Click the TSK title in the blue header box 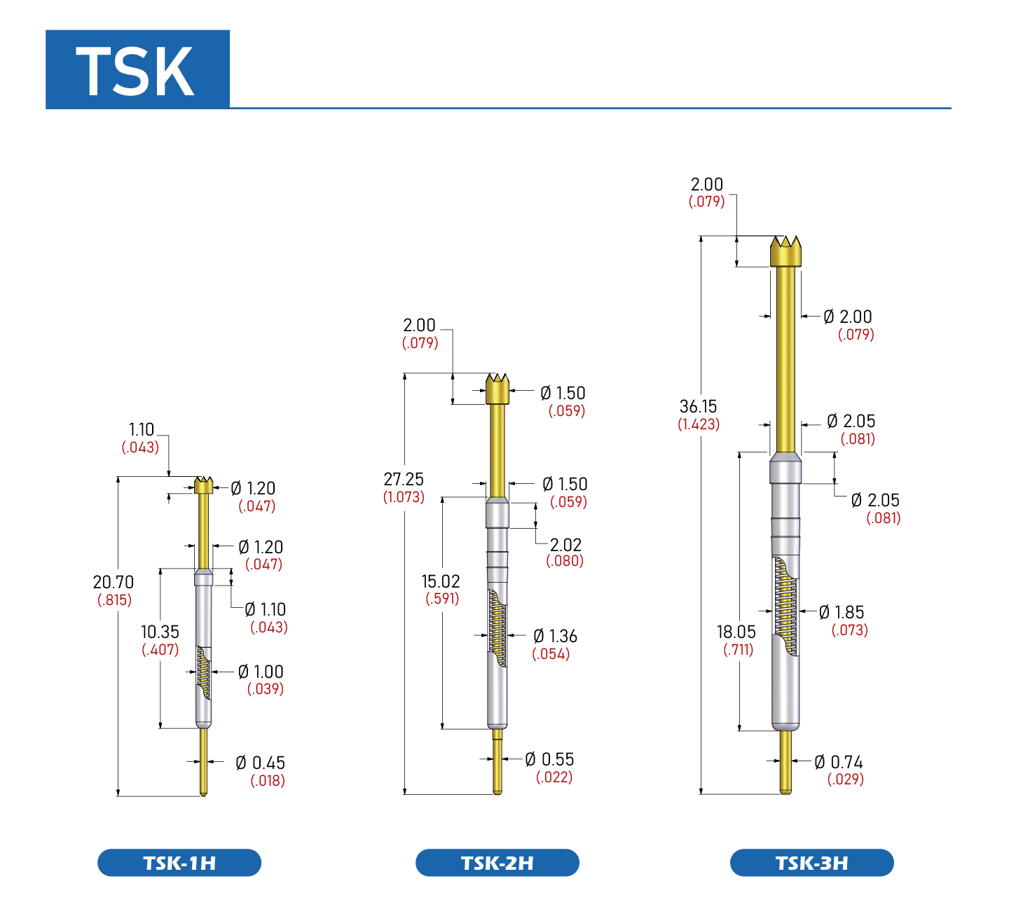point(135,71)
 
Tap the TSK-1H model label point(179,863)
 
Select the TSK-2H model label point(497,863)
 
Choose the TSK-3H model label point(812,863)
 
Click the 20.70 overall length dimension point(114,582)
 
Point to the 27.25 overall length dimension point(404,478)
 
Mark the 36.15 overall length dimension point(698,406)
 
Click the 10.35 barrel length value point(160,632)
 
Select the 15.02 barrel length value point(441,581)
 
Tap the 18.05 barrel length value point(736,632)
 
